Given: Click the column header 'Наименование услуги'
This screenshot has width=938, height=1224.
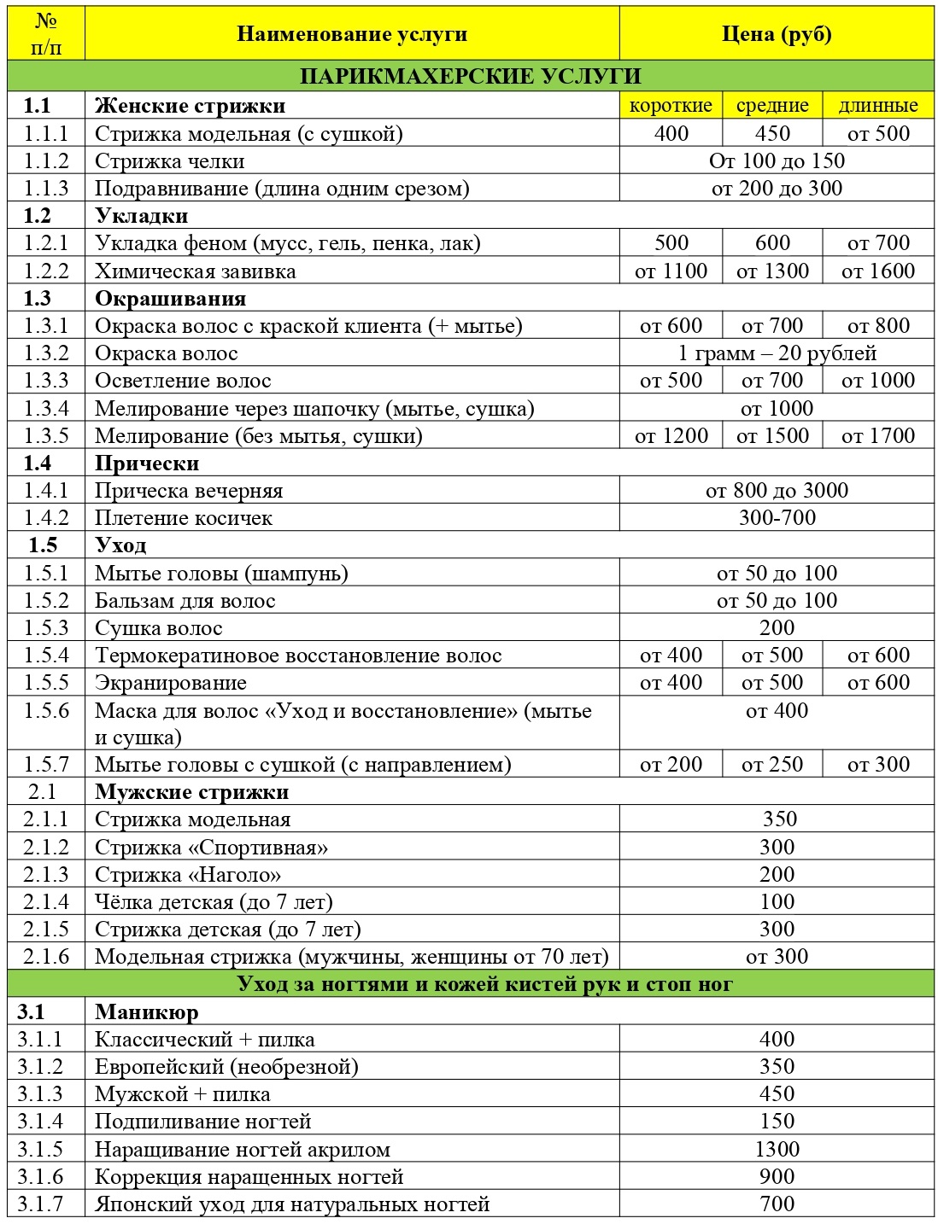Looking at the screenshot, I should [x=352, y=34].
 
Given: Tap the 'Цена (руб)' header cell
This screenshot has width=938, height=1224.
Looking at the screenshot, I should [x=776, y=34].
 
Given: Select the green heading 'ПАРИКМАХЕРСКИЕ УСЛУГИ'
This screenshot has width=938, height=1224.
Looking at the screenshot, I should [x=470, y=76].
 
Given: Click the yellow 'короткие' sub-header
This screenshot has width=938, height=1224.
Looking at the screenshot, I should [x=671, y=105].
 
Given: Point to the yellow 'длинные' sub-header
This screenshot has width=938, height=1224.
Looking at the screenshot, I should [x=878, y=105].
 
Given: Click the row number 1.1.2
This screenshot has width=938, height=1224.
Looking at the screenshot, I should [x=46, y=161].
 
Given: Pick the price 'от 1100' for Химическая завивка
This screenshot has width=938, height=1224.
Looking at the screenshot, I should [x=671, y=271].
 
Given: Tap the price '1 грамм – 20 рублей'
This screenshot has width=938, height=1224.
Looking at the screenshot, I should [x=777, y=353].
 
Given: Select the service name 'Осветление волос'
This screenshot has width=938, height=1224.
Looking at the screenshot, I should [x=183, y=381].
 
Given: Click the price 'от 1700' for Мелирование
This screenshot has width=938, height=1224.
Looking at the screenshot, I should [x=878, y=436].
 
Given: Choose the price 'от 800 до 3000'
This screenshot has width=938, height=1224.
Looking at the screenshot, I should [x=777, y=491].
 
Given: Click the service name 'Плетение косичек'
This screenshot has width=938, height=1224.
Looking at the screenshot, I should [x=184, y=518].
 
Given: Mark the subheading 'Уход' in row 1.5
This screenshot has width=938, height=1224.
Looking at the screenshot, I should [x=120, y=545].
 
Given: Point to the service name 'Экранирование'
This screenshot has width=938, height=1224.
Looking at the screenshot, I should [x=171, y=683].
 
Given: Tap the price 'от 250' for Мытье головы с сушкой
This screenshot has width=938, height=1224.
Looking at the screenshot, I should [x=772, y=765].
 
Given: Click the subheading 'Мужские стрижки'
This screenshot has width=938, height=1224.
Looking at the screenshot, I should [x=192, y=792].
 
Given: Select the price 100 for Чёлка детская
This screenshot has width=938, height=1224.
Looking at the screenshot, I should [x=777, y=902].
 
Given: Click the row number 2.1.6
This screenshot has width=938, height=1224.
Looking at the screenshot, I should [x=46, y=957].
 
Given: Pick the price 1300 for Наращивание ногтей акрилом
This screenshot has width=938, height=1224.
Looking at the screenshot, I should [x=777, y=1150].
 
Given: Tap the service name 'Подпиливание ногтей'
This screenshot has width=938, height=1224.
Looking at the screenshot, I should [x=203, y=1122].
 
